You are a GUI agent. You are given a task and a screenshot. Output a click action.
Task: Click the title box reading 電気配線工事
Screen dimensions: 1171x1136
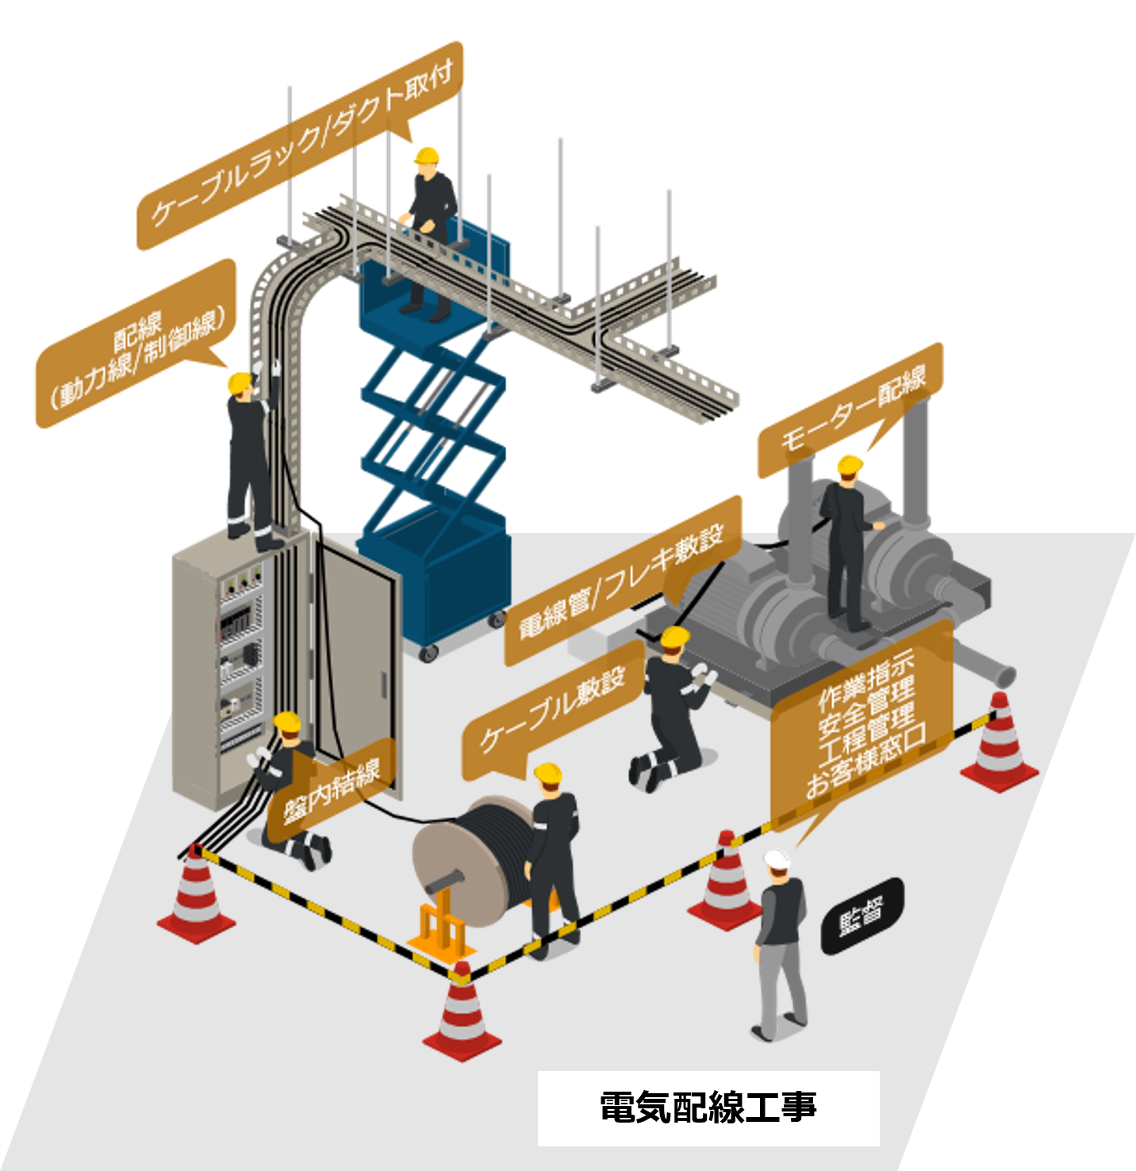(x=708, y=1108)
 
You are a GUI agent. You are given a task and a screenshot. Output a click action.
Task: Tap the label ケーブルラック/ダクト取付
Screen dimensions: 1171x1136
(x=300, y=147)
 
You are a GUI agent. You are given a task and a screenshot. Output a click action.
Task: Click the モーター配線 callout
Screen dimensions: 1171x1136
(x=850, y=410)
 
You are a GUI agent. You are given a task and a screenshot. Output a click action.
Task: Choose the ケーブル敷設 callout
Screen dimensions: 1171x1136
(x=553, y=712)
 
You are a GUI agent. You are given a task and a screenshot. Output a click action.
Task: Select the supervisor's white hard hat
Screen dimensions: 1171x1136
(x=776, y=858)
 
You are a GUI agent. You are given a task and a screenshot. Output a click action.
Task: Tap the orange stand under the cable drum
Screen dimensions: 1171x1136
(x=440, y=928)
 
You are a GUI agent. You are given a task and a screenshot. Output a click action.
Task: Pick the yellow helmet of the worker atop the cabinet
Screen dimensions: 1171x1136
(x=240, y=382)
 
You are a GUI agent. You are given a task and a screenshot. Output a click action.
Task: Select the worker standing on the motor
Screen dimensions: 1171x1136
(x=845, y=539)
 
